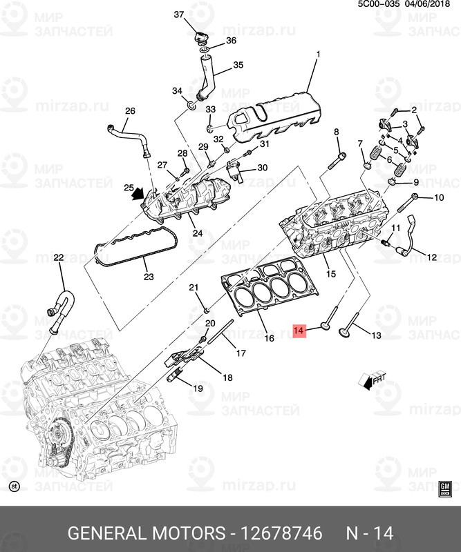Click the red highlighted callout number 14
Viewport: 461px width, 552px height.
(299, 332)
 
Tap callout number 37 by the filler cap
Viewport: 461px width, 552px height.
(178, 14)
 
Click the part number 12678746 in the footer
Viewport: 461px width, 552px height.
(280, 533)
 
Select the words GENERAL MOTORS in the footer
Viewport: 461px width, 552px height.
(147, 533)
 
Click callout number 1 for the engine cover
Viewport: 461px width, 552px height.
(318, 54)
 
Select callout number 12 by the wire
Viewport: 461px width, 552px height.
(431, 258)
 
